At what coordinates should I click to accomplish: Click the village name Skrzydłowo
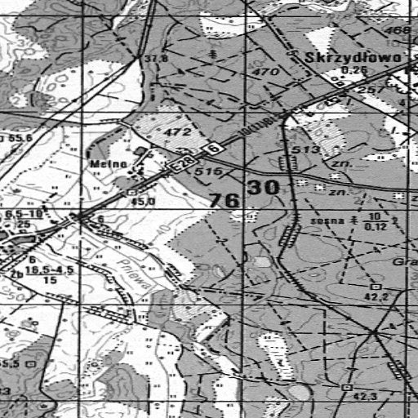pyautogui.click(x=354, y=58)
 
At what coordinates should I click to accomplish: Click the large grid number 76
pyautogui.click(x=225, y=200)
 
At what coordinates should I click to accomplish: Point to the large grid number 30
pyautogui.click(x=265, y=187)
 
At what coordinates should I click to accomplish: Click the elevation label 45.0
pyautogui.click(x=145, y=201)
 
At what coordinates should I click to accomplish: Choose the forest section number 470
pyautogui.click(x=266, y=73)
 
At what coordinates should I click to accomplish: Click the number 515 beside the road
pyautogui.click(x=210, y=172)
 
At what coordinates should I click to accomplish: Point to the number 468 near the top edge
pyautogui.click(x=398, y=31)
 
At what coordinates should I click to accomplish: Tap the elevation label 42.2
pyautogui.click(x=376, y=298)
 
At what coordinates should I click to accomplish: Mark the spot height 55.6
pyautogui.click(x=20, y=139)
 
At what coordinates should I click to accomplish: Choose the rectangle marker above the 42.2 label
pyautogui.click(x=375, y=287)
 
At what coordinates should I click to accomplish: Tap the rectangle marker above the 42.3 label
pyautogui.click(x=347, y=386)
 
